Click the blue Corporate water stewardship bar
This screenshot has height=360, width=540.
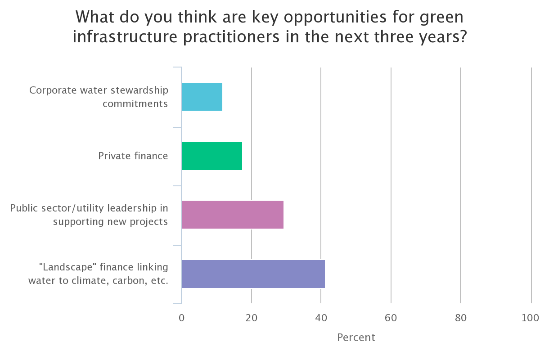tap(202, 97)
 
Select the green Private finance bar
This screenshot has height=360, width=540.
tap(211, 156)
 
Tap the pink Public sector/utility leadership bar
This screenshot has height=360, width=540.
tap(232, 215)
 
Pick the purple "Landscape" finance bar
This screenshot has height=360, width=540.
tap(253, 274)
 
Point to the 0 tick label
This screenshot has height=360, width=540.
tap(181, 318)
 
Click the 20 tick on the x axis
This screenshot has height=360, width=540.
tap(251, 318)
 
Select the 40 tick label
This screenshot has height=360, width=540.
tap(321, 318)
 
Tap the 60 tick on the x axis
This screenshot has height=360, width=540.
tap(391, 318)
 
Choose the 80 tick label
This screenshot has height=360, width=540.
tap(460, 318)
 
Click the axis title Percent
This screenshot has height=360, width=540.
tap(356, 337)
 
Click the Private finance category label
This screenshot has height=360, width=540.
tap(133, 156)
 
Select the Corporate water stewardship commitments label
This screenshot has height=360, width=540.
tap(99, 97)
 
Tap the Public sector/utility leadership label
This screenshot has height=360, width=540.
tap(89, 215)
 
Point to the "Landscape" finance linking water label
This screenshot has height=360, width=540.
tap(98, 274)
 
